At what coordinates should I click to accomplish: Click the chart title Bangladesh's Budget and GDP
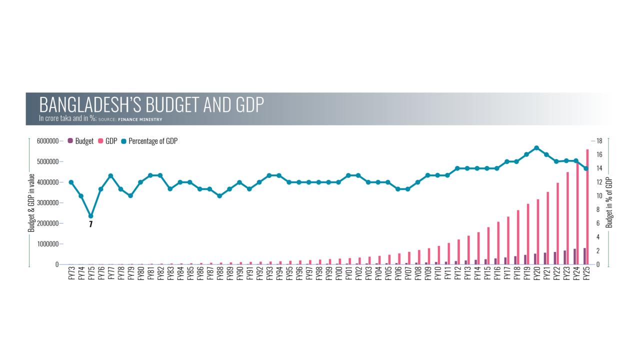151,105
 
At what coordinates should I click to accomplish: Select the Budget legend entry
81,141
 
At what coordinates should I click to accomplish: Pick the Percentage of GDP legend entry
149,141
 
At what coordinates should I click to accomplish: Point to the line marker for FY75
90,216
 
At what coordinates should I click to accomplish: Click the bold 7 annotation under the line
90,225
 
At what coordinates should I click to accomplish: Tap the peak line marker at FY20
536,148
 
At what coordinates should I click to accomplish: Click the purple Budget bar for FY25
584,256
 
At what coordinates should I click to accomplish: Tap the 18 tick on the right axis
598,141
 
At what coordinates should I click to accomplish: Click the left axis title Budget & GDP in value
31,202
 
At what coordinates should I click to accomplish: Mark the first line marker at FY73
71,182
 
